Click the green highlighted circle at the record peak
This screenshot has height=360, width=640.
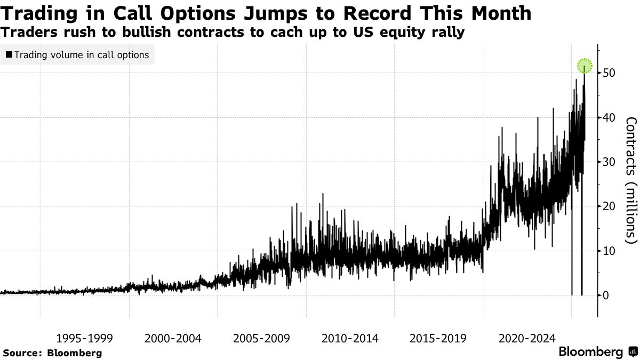(x=585, y=66)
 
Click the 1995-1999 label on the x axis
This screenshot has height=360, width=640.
(x=84, y=338)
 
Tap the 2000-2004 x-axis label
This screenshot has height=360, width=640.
(x=173, y=338)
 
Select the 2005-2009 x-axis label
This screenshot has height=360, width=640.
(x=261, y=338)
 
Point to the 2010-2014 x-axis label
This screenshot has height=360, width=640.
(x=350, y=338)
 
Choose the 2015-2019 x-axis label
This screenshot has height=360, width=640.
(x=438, y=338)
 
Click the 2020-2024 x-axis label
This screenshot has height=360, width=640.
(x=526, y=338)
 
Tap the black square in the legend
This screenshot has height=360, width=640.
(x=9, y=54)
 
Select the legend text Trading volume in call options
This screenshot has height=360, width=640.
(x=82, y=54)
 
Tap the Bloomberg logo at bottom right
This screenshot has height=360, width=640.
(x=597, y=352)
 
